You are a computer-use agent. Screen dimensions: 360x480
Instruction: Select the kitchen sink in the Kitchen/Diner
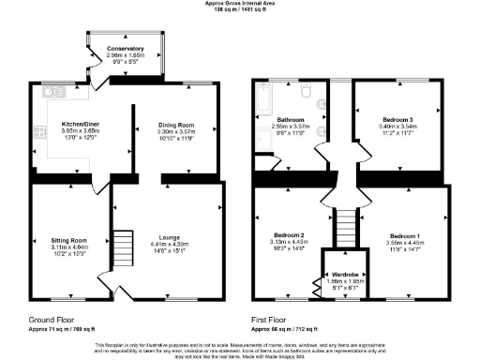pos(52,93)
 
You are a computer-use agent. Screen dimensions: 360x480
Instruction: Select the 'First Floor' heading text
pos(268,320)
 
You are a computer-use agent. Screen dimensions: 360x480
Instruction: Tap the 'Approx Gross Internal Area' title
pos(240,3)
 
